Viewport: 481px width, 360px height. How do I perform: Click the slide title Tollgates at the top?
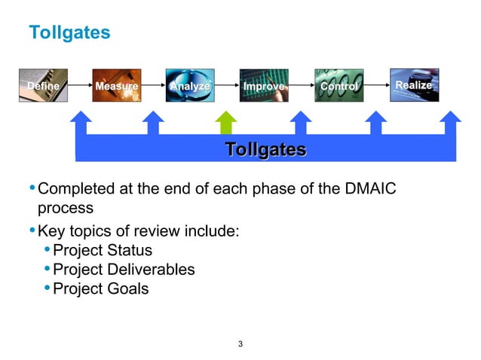click(x=69, y=33)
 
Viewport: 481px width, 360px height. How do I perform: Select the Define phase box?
click(x=43, y=86)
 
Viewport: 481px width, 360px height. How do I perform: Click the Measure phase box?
click(x=117, y=86)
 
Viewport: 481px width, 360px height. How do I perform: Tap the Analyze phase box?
click(x=190, y=86)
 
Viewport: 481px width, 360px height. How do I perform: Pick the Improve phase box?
click(x=264, y=86)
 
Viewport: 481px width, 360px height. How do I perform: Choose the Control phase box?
click(x=339, y=86)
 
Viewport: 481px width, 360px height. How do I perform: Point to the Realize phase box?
click(x=412, y=86)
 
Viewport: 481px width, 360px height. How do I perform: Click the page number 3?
click(x=240, y=345)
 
